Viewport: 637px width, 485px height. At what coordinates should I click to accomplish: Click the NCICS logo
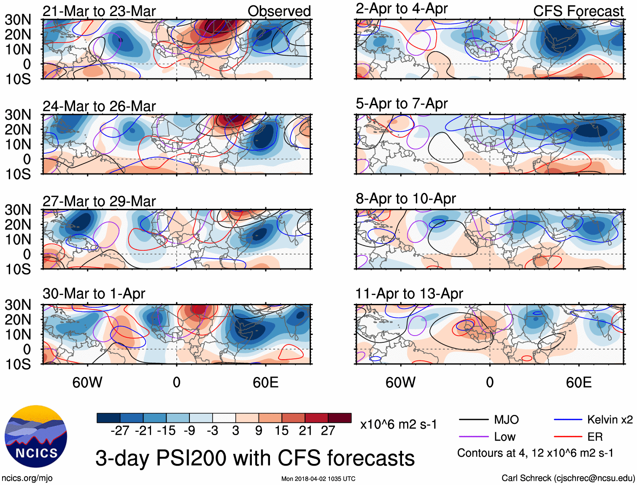coord(35,436)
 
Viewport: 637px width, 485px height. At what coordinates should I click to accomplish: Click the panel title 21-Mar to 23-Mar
coord(99,11)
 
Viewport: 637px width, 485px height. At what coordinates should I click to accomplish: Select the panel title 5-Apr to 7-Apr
coord(401,103)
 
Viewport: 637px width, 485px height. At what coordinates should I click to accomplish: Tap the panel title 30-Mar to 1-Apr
coord(94,293)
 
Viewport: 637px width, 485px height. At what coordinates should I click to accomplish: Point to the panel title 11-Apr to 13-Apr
coord(409,293)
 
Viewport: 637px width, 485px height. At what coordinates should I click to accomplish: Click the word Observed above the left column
coord(279,11)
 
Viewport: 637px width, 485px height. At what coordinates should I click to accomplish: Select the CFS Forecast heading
coord(578,11)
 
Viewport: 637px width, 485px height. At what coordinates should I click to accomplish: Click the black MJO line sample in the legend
coord(473,420)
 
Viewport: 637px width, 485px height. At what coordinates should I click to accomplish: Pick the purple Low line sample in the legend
coord(473,436)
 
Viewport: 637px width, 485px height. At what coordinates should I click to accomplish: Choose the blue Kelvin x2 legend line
coord(568,420)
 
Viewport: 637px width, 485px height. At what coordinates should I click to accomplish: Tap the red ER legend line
coord(568,436)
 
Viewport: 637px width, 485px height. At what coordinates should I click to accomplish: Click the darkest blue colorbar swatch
coord(108,418)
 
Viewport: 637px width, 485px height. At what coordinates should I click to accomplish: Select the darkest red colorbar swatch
coord(340,418)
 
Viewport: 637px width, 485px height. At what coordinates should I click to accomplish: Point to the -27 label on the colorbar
coord(120,431)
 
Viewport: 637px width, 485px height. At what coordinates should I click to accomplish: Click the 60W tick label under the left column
coord(87,382)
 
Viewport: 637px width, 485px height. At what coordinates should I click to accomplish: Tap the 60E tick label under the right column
coord(579,382)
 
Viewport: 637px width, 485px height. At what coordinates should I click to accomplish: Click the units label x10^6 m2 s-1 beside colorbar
coord(398,424)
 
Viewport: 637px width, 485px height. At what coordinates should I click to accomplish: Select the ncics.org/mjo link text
coord(27,478)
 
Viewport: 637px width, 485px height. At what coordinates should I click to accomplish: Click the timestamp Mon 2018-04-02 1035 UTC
coord(318,479)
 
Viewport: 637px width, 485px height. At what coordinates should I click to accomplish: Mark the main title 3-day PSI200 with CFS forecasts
coord(255,458)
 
